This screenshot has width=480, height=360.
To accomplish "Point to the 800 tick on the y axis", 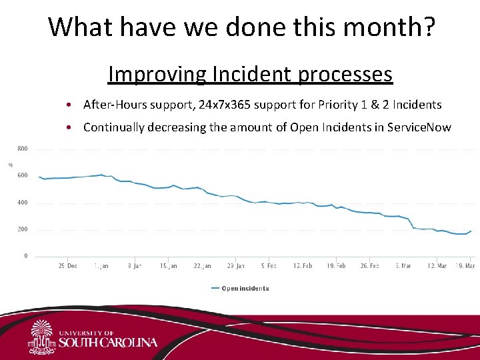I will (x=22, y=149).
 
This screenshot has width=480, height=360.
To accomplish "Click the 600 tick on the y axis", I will (x=22, y=175).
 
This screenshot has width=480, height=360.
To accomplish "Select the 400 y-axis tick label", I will (x=22, y=203).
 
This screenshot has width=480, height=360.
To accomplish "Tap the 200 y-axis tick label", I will (x=22, y=229).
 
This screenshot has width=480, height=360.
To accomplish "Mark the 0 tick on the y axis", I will (x=26, y=256).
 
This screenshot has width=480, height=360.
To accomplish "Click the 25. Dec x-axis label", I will (x=67, y=266).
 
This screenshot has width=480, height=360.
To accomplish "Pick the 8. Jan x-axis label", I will (x=135, y=266).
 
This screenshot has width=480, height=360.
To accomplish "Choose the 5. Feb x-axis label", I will (x=269, y=266).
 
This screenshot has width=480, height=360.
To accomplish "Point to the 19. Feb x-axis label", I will (x=336, y=266).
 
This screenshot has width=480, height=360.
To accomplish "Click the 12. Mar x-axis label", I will (x=437, y=266).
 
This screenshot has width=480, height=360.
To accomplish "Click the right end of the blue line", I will (x=471, y=231).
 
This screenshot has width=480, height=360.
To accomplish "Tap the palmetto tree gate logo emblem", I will (x=41, y=337).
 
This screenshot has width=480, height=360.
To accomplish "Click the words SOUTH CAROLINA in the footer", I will (x=109, y=343).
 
